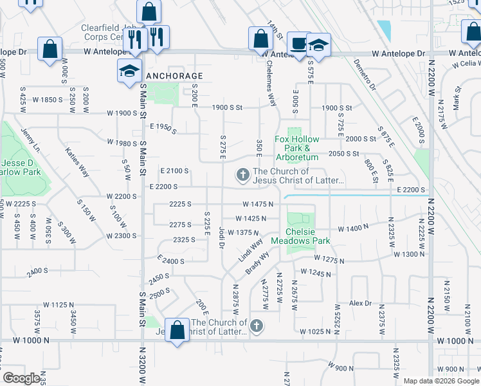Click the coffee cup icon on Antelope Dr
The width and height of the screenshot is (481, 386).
coord(297,44)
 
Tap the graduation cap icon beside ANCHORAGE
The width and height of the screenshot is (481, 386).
coord(129,71)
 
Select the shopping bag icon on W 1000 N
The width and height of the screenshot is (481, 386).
coord(177,330)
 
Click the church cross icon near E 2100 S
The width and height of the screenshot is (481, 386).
coord(243,174)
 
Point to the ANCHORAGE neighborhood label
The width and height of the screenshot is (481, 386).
coord(174,76)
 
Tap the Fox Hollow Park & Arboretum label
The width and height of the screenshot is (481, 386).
coord(297,148)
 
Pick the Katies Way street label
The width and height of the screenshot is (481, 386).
coord(77,161)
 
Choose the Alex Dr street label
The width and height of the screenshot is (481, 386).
coord(360,303)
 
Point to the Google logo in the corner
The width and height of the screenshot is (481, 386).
coord(21,378)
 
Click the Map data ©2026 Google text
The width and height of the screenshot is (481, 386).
coord(440,380)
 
